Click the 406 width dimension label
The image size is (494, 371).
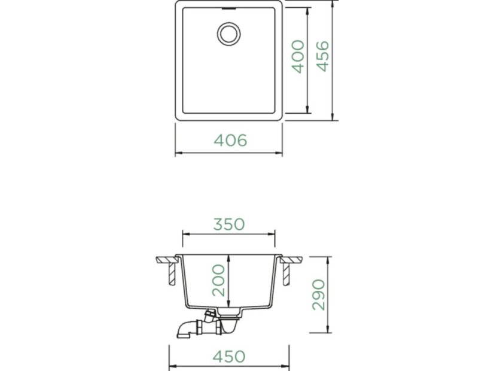tap(230, 140)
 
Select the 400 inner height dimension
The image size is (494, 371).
tap(298, 56)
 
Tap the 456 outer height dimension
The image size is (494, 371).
tap(322, 56)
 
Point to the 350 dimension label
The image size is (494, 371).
tap(229, 224)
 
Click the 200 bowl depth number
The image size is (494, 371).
tap(219, 280)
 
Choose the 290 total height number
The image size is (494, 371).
tap(319, 295)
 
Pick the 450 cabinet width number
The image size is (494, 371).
tap(229, 357)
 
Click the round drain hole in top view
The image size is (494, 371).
tap(228, 34)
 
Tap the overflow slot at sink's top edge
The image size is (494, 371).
tap(229, 9)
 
